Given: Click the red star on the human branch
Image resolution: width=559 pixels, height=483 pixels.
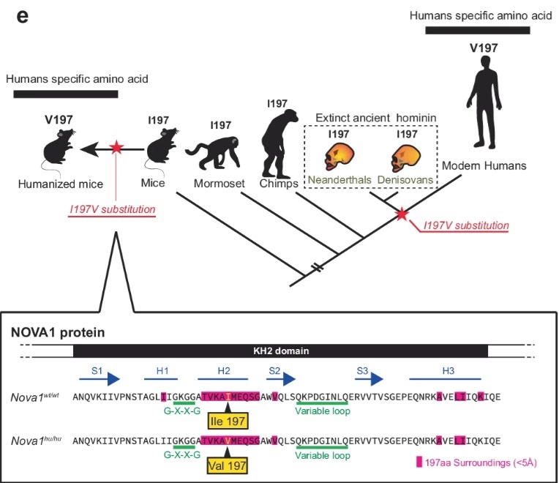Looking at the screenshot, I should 401,214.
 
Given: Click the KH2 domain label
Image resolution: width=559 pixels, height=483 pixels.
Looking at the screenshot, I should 282,351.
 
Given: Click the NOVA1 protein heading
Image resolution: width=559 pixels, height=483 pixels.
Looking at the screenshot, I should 58,332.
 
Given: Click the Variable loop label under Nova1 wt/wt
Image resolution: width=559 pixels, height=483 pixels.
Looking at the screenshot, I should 321,411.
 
